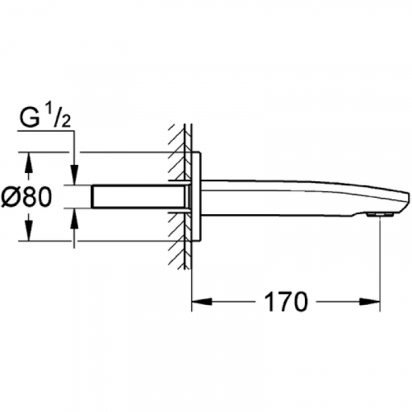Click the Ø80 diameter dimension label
tap(26, 197)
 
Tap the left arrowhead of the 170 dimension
tap(202, 302)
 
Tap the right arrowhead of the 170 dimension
tap(370, 302)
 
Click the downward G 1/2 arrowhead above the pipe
tap(74, 175)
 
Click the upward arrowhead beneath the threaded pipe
tap(74, 218)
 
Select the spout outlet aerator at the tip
tap(380, 214)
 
